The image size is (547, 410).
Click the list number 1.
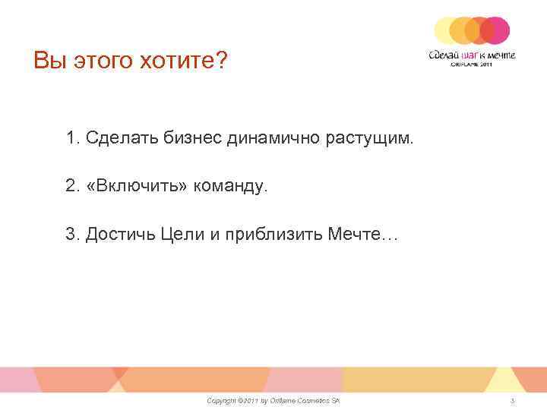pyautogui.click(x=72, y=139)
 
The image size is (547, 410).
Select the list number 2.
pyautogui.click(x=72, y=187)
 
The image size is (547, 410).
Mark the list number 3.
pyautogui.click(x=72, y=235)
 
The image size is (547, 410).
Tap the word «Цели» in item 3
pyautogui.click(x=179, y=235)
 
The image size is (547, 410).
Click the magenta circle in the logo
pyautogui.click(x=495, y=31)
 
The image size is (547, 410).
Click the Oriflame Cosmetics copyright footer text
pyautogui.click(x=273, y=400)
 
